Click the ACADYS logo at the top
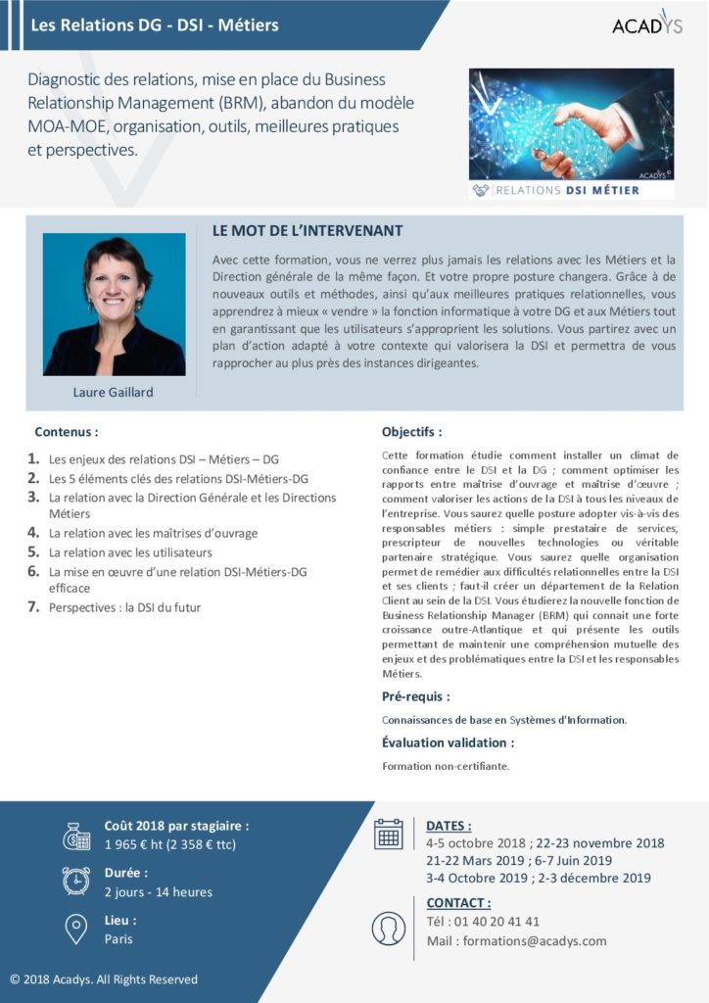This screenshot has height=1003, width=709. pyautogui.click(x=647, y=24)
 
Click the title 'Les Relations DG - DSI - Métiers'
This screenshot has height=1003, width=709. pyautogui.click(x=155, y=24)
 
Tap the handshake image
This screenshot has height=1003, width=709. pyautogui.click(x=571, y=122)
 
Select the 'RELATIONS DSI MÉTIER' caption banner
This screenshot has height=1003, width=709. pyautogui.click(x=571, y=190)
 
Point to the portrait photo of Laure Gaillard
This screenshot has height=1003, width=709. pyautogui.click(x=114, y=305)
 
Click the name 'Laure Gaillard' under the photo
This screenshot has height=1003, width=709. pyautogui.click(x=114, y=393)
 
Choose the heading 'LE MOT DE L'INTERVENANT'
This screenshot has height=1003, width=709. pyautogui.click(x=307, y=231)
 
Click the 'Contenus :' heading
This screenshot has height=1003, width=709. pyautogui.click(x=66, y=431)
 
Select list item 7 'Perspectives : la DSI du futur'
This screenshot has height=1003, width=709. pyautogui.click(x=125, y=607)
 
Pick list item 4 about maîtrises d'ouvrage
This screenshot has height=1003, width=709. pyautogui.click(x=153, y=533)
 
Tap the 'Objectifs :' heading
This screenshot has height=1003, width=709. pyautogui.click(x=411, y=431)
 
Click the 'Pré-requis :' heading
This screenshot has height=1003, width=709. pyautogui.click(x=415, y=696)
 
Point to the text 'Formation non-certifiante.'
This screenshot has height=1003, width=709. pyautogui.click(x=446, y=766)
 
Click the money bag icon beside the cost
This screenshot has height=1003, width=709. pyautogui.click(x=76, y=836)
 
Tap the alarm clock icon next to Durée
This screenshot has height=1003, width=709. pyautogui.click(x=76, y=882)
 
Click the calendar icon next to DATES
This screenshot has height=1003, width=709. pyautogui.click(x=389, y=834)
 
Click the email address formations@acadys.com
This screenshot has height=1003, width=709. pyautogui.click(x=535, y=941)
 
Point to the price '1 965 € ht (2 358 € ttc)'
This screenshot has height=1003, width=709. pyautogui.click(x=170, y=844)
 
